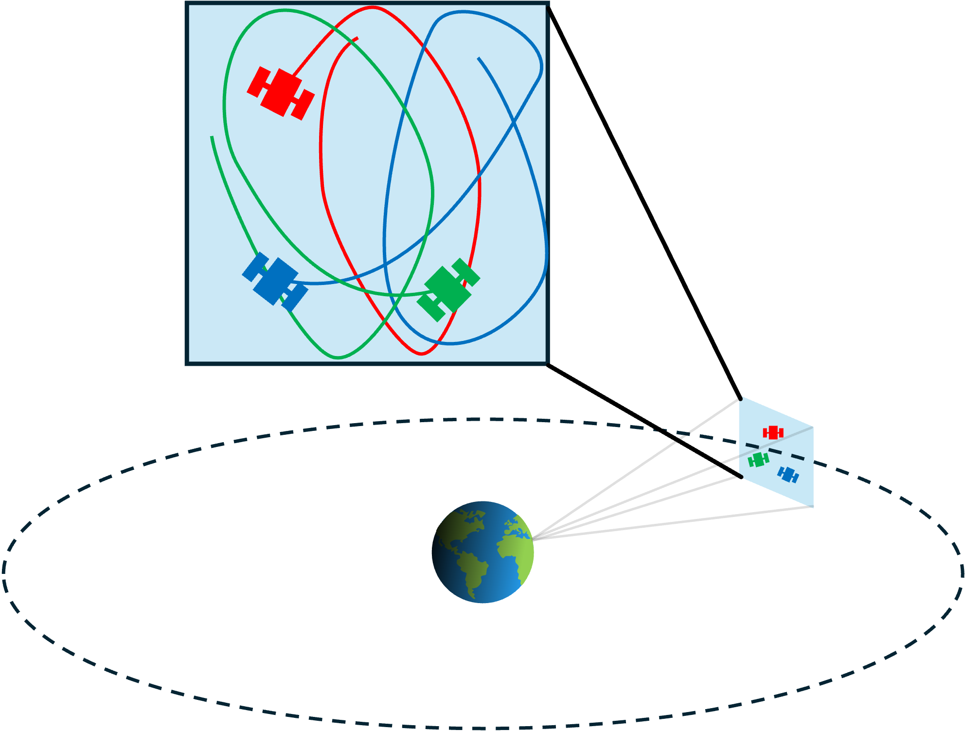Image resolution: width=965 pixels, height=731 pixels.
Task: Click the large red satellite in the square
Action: (281, 93)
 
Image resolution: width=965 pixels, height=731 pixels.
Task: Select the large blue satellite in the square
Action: (275, 281)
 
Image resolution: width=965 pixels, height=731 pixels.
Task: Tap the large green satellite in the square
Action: (448, 289)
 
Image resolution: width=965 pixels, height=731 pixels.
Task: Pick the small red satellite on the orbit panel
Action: (773, 432)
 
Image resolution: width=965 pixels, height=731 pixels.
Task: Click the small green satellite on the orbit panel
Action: (758, 459)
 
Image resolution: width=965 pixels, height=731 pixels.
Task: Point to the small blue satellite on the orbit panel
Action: (788, 474)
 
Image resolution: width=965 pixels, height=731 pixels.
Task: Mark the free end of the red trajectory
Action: (357, 38)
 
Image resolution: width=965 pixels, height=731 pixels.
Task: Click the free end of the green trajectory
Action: (212, 137)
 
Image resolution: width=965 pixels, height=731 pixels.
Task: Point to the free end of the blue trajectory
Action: (479, 58)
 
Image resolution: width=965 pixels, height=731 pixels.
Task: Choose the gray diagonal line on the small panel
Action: (776, 442)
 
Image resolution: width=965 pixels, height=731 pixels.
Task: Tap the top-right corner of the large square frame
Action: (547, 4)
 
